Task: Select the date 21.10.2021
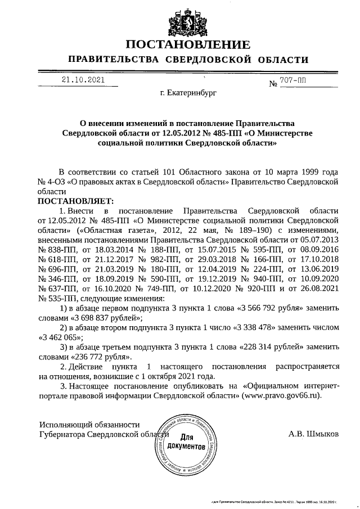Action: point(84,80)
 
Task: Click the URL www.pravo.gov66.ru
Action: point(281,395)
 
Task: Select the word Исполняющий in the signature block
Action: point(63,425)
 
